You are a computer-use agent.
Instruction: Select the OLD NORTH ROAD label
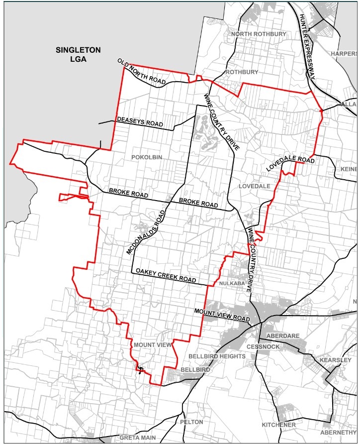click(x=142, y=73)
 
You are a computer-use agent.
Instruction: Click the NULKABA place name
click(x=230, y=283)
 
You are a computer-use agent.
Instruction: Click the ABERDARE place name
click(x=282, y=336)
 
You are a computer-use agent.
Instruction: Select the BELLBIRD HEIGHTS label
click(x=217, y=356)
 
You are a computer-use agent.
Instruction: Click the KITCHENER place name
click(x=279, y=425)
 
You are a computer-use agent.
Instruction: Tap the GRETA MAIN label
click(x=137, y=438)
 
